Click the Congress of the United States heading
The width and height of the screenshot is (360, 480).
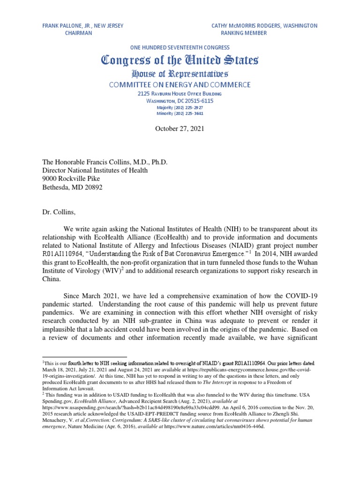coord(180,60)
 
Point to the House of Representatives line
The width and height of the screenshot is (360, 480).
coord(180,74)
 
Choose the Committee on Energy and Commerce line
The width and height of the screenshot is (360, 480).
coord(180,85)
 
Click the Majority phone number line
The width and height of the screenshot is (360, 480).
coord(180,107)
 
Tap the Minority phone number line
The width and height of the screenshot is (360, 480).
coord(180,113)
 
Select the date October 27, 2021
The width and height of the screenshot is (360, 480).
coord(180,129)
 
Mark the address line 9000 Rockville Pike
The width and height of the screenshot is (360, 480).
coord(71,179)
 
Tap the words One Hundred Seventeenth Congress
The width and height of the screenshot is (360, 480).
coord(180,47)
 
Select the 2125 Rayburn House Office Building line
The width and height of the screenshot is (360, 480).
coord(180,94)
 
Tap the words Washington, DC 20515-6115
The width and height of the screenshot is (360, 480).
coord(180,101)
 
